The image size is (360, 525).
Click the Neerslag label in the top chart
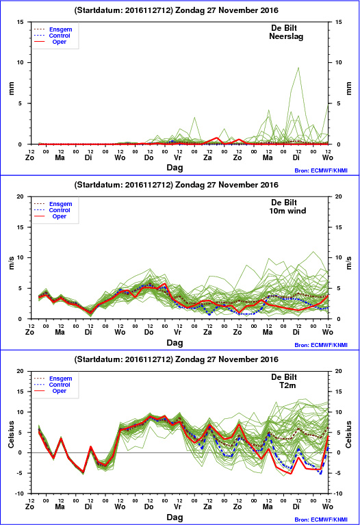point(286,36)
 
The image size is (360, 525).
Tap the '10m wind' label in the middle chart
point(287,211)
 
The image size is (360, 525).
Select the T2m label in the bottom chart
point(287,385)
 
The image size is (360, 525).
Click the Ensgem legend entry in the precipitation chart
point(61,29)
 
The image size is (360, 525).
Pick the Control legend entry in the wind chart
point(60,210)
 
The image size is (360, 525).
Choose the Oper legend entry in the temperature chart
point(60,391)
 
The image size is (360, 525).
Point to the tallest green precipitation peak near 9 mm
point(298,68)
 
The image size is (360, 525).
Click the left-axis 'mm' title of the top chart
point(12,88)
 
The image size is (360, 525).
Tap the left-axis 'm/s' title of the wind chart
point(12,263)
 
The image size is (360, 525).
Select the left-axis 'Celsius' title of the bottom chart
point(12,434)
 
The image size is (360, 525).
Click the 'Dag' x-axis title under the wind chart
point(175,343)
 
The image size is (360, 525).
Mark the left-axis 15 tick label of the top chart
point(21,22)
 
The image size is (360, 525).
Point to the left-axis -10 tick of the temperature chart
point(19,494)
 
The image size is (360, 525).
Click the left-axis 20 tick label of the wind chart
point(21,196)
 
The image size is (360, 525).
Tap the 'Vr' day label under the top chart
point(177,157)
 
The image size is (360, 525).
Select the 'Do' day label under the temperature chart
point(149,507)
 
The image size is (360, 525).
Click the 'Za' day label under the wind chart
point(207,332)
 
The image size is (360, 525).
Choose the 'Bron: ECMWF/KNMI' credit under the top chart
point(321,170)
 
